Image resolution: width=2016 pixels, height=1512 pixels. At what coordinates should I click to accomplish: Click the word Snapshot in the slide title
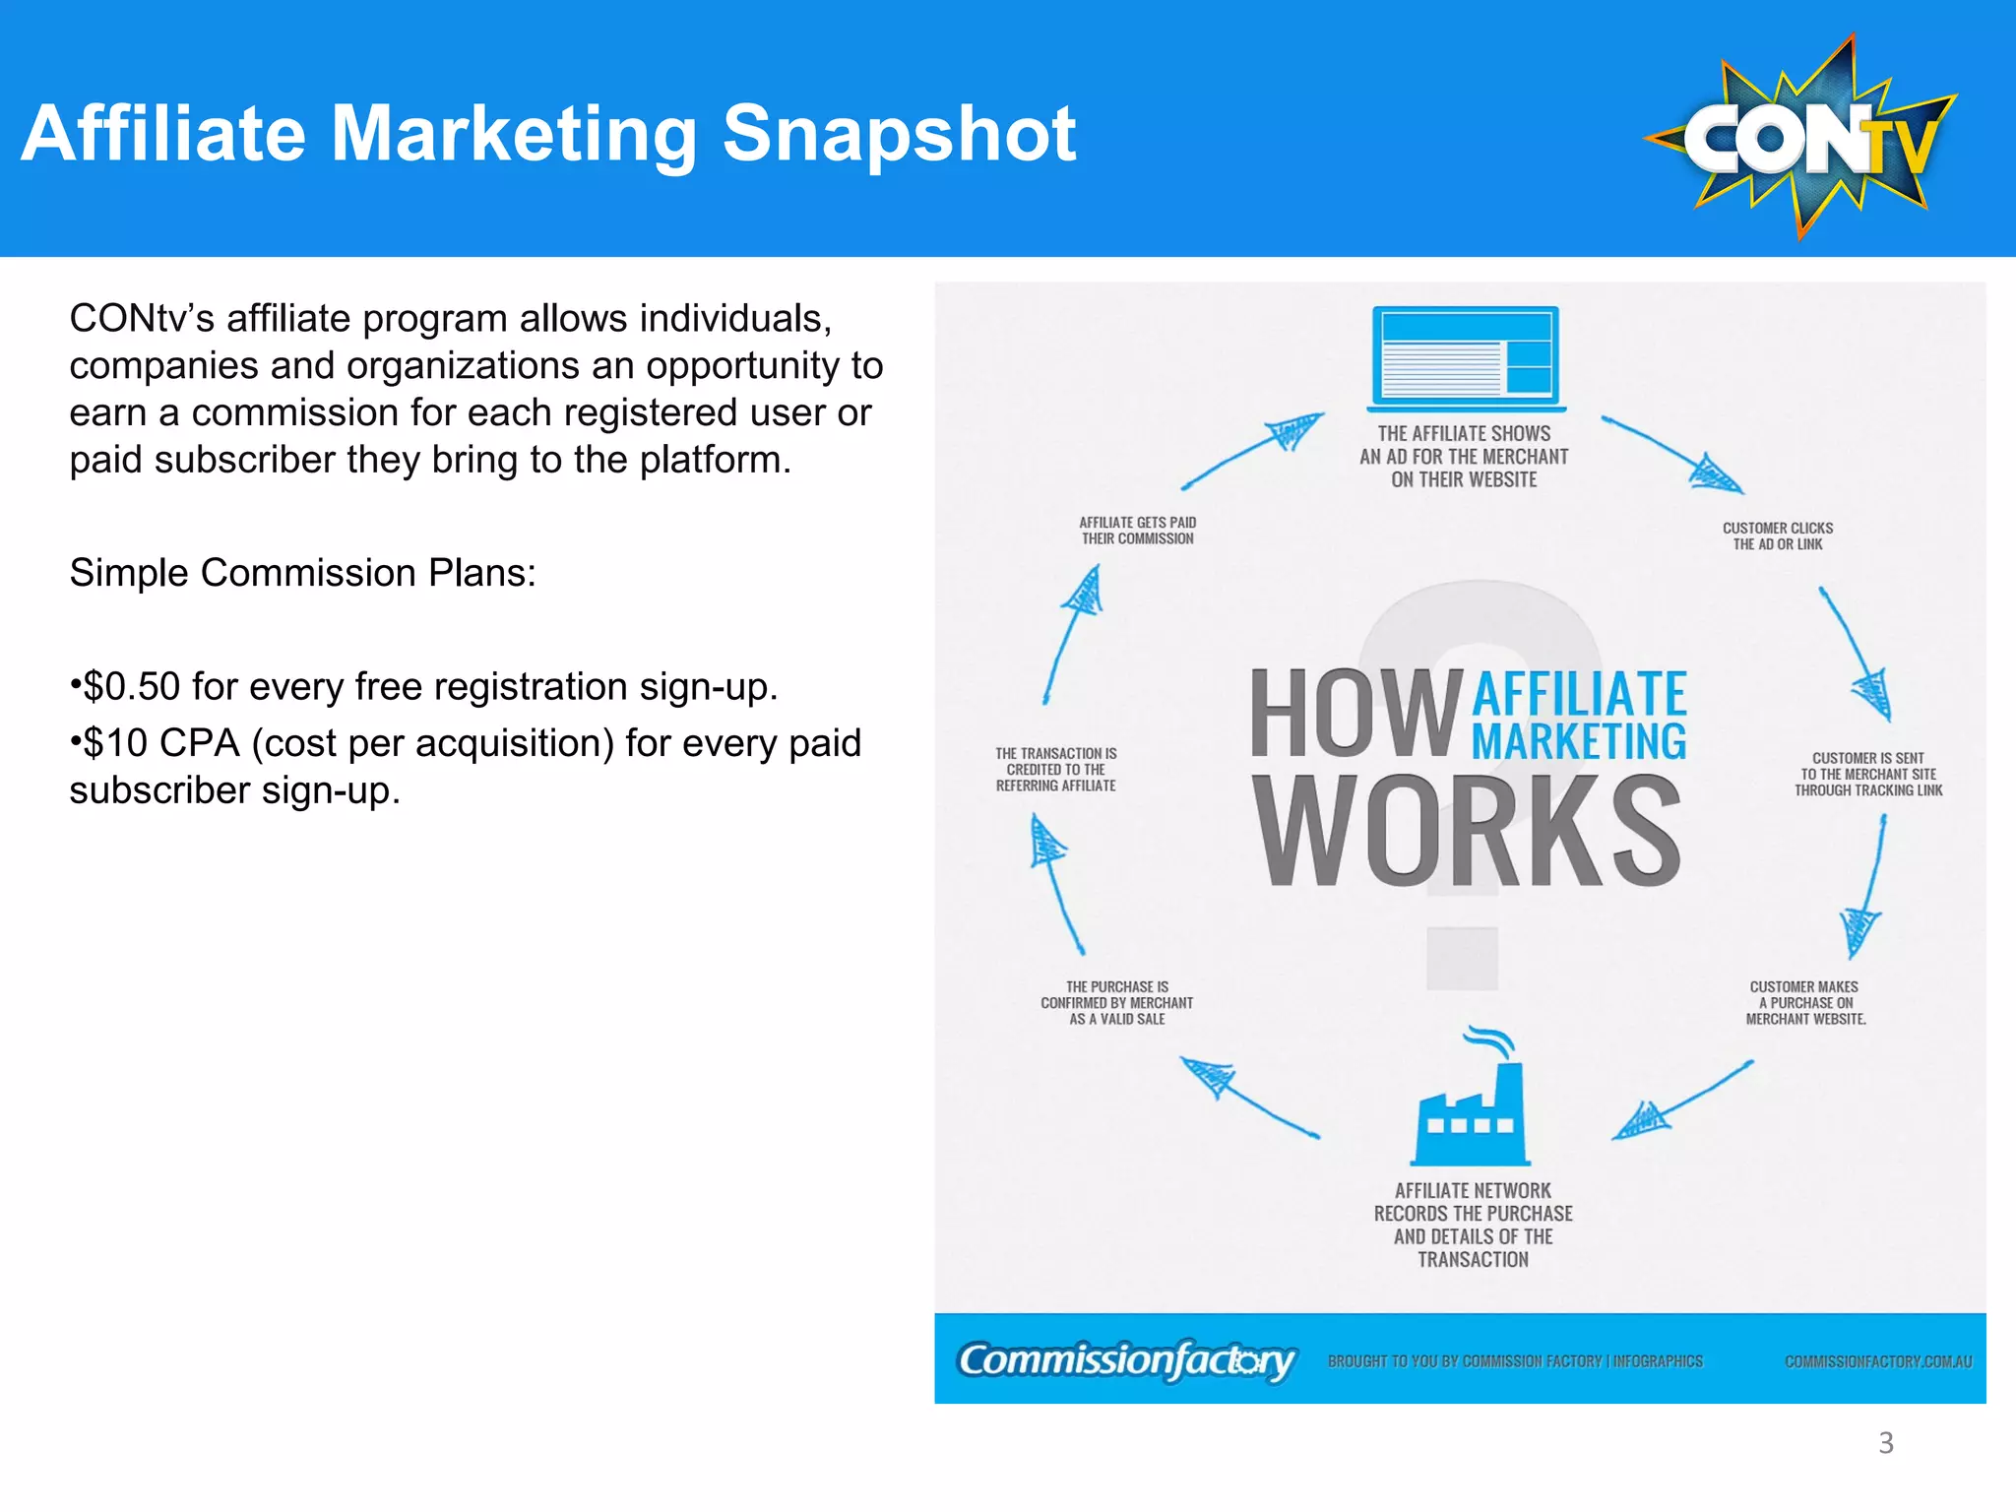tap(899, 134)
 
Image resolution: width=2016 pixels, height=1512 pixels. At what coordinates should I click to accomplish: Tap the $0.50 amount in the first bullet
tap(132, 686)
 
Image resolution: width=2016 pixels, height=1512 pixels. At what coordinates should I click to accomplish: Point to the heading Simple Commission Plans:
tap(302, 573)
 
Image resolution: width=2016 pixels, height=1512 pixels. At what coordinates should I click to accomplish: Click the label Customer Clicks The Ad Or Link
tap(1777, 536)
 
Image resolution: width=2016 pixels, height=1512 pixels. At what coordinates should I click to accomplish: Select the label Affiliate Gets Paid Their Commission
tap(1137, 531)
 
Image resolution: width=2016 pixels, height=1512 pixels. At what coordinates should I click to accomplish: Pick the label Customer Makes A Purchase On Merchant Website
tap(1804, 1003)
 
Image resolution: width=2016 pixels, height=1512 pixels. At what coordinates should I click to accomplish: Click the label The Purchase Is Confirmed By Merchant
tap(1116, 1003)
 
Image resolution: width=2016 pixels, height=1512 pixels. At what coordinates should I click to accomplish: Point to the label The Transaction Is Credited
tap(1055, 770)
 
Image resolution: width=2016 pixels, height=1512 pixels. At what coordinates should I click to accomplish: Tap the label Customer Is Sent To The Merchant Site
tap(1867, 775)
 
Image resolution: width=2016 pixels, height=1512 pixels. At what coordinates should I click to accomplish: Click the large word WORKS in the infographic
tap(1467, 830)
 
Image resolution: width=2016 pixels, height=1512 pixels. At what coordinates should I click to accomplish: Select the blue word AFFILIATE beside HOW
tap(1579, 693)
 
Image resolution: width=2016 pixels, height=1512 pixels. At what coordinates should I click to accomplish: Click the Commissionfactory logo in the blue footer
tap(1126, 1360)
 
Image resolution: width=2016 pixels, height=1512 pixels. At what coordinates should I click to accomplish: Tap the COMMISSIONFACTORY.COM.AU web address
tap(1877, 1362)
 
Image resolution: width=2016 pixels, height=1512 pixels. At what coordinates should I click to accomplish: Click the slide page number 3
tap(1885, 1443)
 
